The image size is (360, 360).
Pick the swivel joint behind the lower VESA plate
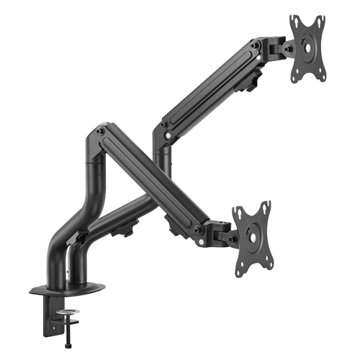coord(220,232)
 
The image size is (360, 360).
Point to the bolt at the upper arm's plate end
coord(256,45)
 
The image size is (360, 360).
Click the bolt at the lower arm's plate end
coord(198,230)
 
